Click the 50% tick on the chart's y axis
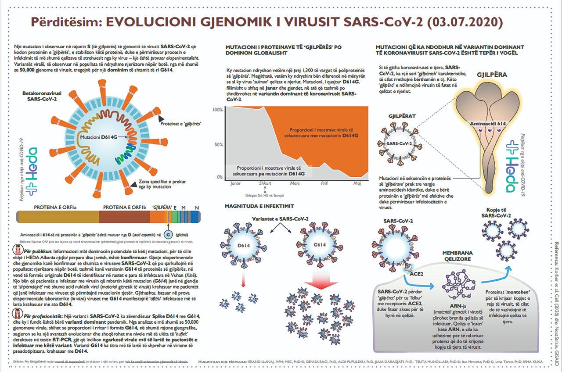[218, 143]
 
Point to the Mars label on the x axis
[295, 183]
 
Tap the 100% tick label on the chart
[217, 110]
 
